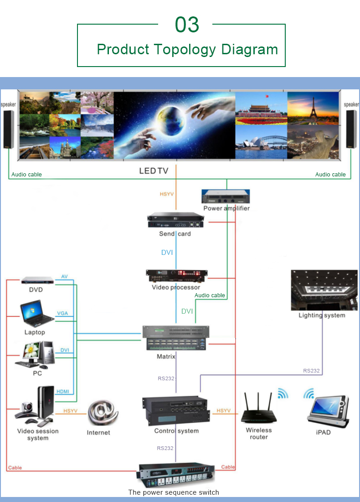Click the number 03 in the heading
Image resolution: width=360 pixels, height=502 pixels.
click(x=187, y=25)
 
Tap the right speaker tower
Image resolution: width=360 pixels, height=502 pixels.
click(x=351, y=129)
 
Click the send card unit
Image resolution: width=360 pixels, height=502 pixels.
click(x=175, y=221)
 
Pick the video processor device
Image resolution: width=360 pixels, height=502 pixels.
click(x=176, y=276)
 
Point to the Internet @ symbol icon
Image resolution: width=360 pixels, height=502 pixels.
click(x=103, y=413)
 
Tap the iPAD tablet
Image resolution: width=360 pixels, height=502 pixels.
click(x=328, y=407)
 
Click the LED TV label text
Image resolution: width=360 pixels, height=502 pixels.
click(x=154, y=171)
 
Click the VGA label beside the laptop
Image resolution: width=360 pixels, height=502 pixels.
click(x=62, y=314)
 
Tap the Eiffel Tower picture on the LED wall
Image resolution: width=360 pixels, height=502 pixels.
click(x=312, y=108)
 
